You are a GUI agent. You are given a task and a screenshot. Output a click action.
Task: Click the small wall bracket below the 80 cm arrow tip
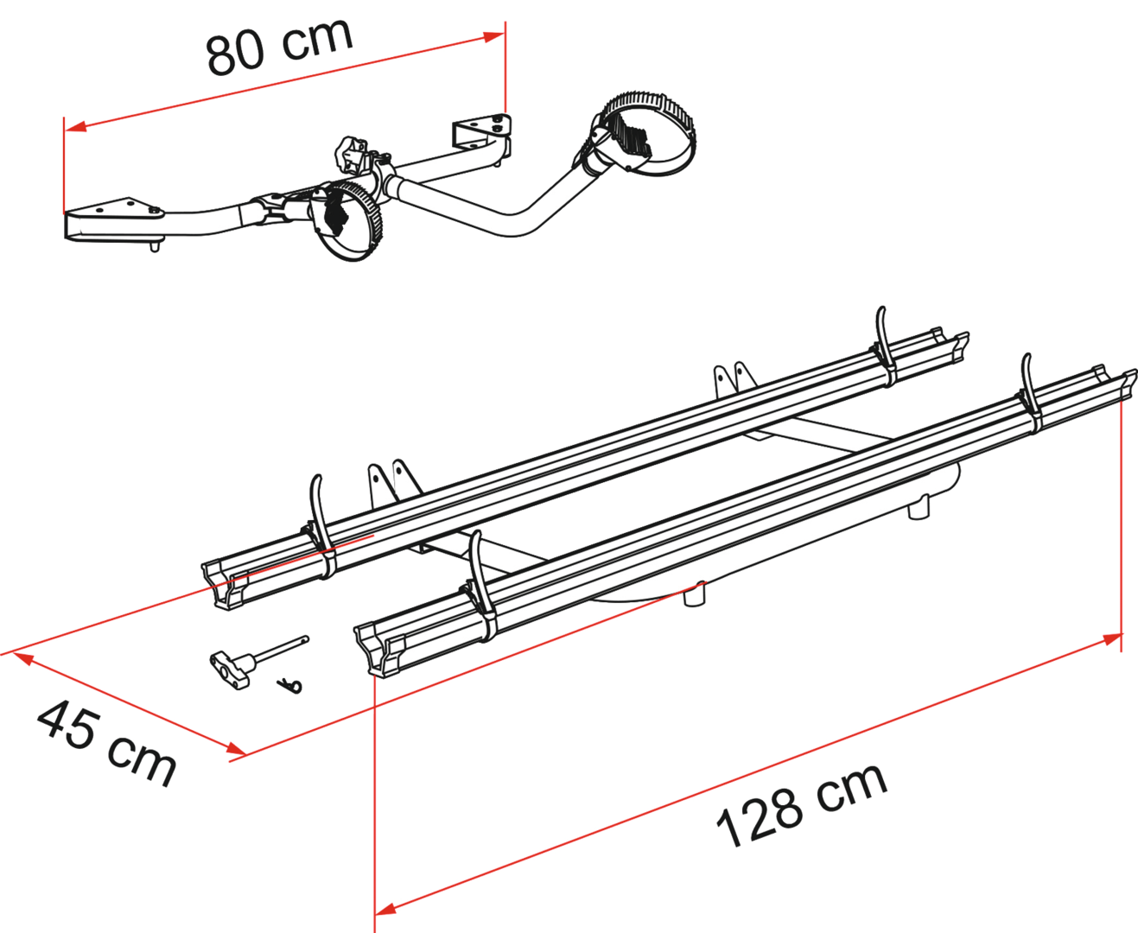point(480,135)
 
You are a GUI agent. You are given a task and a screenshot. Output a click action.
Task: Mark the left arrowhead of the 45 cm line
point(17,656)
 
